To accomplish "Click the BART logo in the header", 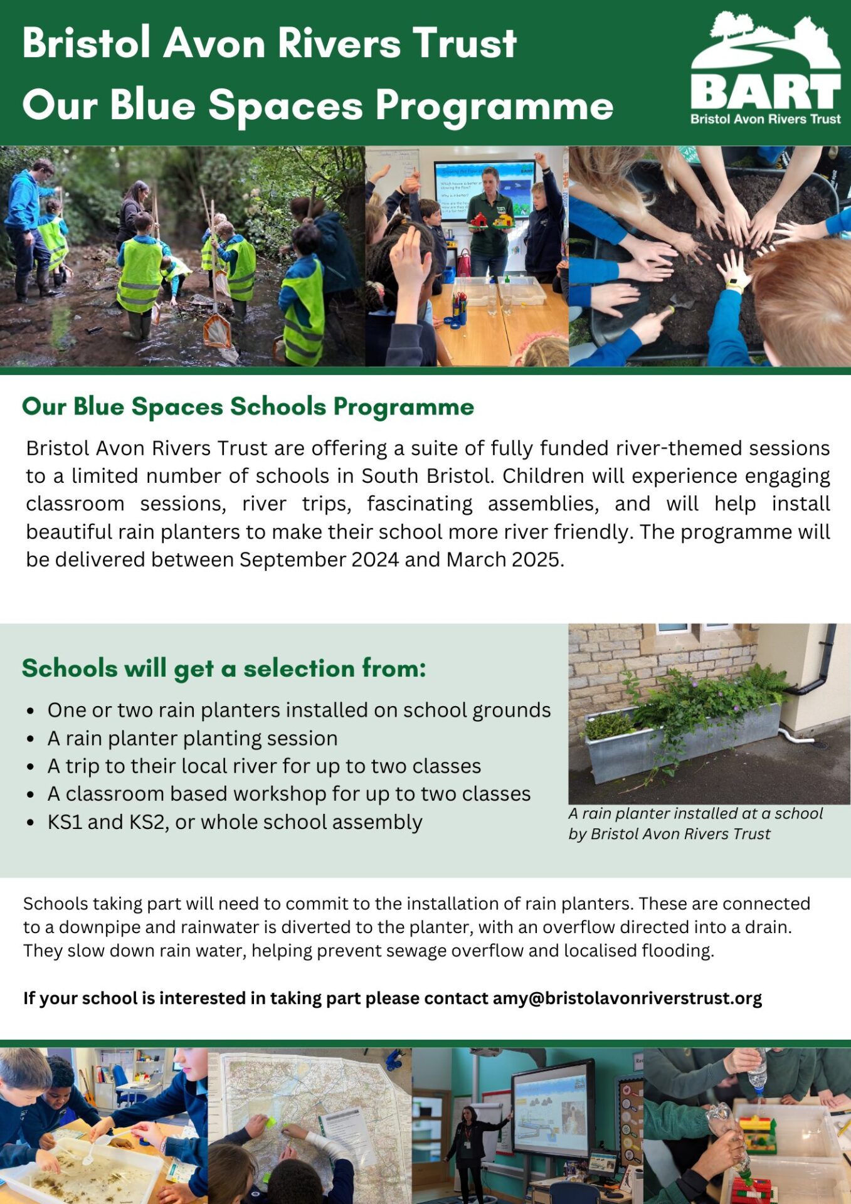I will pyautogui.click(x=765, y=69).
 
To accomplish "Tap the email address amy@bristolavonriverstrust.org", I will pyautogui.click(x=627, y=998).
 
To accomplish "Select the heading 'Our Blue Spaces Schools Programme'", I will pyautogui.click(x=248, y=406).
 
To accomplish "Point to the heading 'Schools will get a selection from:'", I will pyautogui.click(x=224, y=668).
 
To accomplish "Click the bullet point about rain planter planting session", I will pyautogui.click(x=193, y=738).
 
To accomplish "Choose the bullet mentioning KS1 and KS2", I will pyautogui.click(x=235, y=821).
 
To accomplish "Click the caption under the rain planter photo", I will pyautogui.click(x=695, y=823).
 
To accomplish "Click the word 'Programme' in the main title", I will pyautogui.click(x=494, y=105).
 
